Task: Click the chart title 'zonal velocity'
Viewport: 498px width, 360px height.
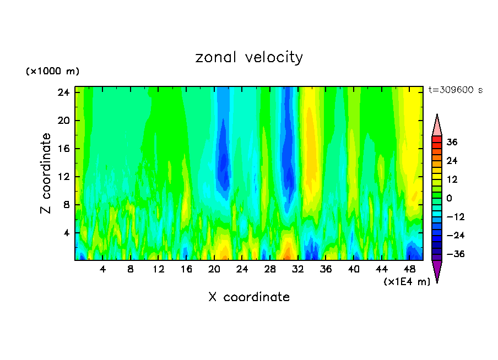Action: pos(249,57)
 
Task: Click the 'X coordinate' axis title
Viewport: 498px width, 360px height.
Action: pos(249,297)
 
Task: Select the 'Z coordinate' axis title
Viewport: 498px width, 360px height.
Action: pos(46,173)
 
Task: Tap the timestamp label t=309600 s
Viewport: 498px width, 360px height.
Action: pos(455,90)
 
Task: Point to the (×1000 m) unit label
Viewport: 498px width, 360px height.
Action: pos(52,72)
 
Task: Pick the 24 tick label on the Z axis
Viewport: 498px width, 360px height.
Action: pos(63,92)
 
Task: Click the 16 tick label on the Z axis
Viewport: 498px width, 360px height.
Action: pos(63,149)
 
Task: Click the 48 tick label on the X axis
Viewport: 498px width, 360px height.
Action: pos(409,270)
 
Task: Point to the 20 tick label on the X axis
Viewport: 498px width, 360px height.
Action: pos(214,270)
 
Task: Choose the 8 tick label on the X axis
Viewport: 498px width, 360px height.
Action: pos(131,270)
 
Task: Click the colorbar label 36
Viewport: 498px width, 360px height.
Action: pos(452,142)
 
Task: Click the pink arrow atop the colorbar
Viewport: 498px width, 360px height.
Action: pos(437,126)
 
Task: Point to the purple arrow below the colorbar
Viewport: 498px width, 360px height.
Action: pos(437,270)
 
